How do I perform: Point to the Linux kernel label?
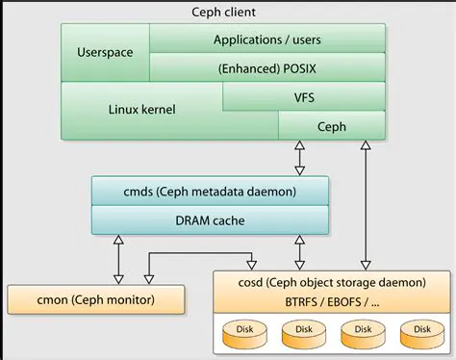click(142, 110)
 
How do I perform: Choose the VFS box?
click(304, 97)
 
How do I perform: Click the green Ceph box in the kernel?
click(331, 126)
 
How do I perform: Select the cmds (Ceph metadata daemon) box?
click(210, 191)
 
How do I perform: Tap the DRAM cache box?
click(210, 220)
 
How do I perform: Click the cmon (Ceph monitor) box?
click(94, 299)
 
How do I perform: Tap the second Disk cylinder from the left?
click(302, 331)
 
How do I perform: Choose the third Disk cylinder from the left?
click(360, 331)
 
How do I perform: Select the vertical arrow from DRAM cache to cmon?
click(118, 258)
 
